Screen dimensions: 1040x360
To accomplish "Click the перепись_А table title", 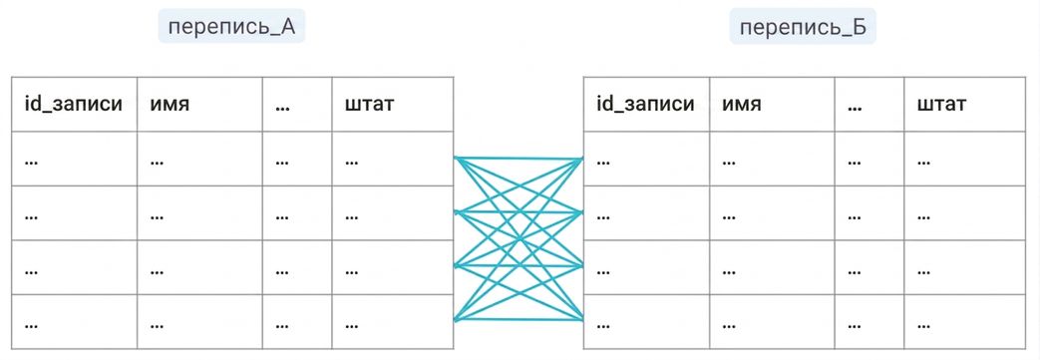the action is point(230,27).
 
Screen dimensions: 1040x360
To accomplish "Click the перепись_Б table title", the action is point(803,27).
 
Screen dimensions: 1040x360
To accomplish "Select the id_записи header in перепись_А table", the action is point(74,104).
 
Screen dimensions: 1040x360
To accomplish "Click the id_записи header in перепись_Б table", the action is point(645,104).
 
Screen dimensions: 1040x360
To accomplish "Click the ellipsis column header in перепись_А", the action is point(297,104).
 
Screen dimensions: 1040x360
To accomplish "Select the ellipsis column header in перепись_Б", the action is point(869,104).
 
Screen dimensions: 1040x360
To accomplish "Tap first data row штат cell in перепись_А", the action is point(393,160).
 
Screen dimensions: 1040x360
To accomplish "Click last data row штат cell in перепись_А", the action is point(393,321).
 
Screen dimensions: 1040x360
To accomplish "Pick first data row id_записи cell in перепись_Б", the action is point(647,160).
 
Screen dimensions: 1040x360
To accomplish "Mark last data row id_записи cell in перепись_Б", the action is point(647,321).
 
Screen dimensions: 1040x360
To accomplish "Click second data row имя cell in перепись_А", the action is point(199,213).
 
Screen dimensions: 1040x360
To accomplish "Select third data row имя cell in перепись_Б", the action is point(772,267).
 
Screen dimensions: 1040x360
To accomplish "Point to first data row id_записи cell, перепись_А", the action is point(74,160).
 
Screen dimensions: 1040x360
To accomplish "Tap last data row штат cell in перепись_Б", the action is point(964,321).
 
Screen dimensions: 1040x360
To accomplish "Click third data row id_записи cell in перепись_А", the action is point(74,267).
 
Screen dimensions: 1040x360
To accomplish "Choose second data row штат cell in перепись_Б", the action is point(964,213).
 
